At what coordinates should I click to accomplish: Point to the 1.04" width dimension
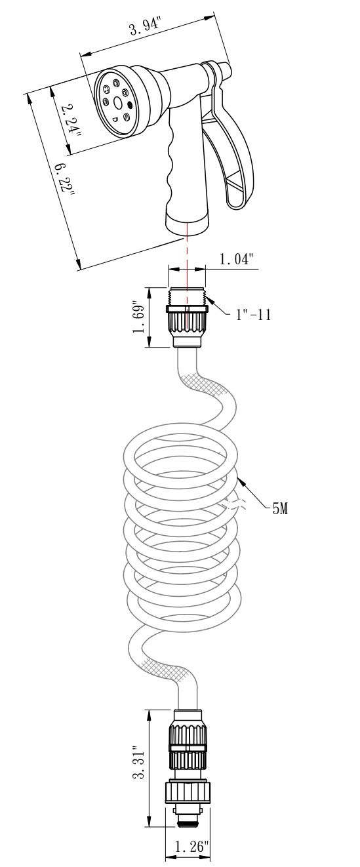[235, 260]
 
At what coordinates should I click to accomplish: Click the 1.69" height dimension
[138, 317]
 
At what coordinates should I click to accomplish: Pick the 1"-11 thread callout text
[252, 314]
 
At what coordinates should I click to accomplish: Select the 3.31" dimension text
[138, 763]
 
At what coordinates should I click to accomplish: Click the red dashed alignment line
[187, 262]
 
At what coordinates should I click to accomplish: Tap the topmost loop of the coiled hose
[176, 453]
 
